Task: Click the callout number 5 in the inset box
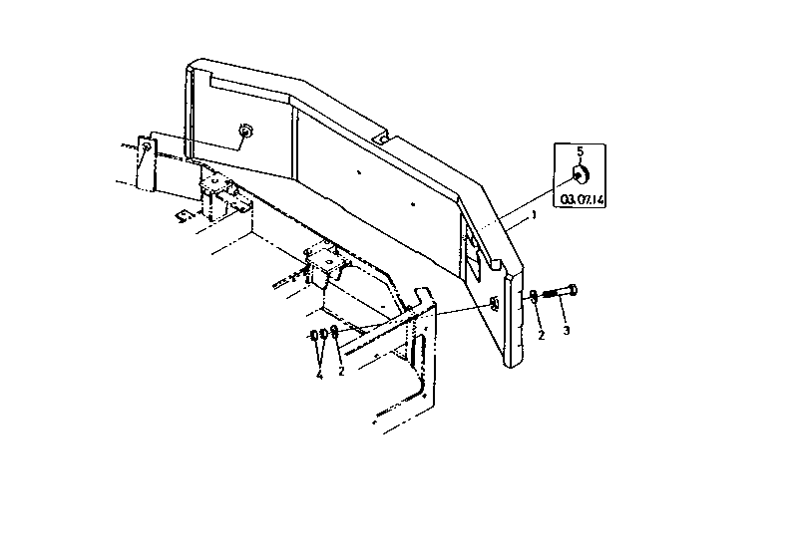click(x=580, y=151)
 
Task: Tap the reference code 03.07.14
click(x=583, y=199)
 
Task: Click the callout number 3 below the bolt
click(x=567, y=331)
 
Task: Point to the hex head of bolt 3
click(x=572, y=290)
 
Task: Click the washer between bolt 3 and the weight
click(x=534, y=296)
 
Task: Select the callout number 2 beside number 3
click(x=542, y=335)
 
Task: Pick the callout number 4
click(x=319, y=376)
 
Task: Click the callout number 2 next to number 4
click(x=341, y=372)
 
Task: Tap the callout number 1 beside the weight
click(x=534, y=216)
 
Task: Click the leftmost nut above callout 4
click(x=314, y=335)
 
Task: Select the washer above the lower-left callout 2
click(x=333, y=332)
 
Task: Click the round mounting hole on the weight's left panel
click(x=245, y=132)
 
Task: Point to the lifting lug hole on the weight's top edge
click(x=383, y=138)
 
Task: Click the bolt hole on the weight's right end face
click(x=494, y=303)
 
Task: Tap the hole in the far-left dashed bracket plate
click(x=146, y=146)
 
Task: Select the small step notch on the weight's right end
click(x=496, y=264)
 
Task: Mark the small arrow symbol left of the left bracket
click(x=186, y=215)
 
